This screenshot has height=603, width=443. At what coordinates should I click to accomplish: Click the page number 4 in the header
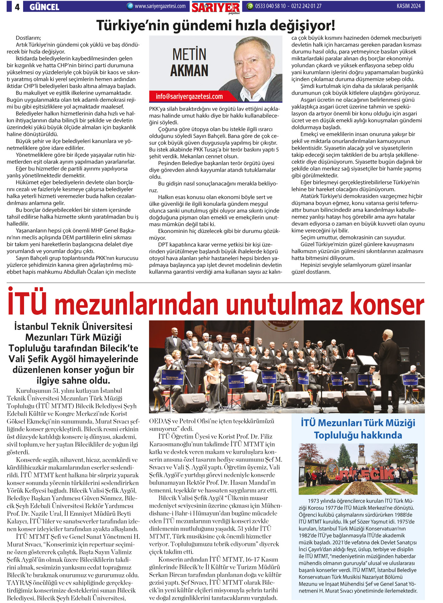(x=17, y=7)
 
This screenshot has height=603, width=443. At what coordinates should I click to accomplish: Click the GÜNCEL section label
(x=44, y=7)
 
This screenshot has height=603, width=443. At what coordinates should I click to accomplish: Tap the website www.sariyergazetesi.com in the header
(x=160, y=6)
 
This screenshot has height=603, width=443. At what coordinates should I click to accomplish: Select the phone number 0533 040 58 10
(x=270, y=6)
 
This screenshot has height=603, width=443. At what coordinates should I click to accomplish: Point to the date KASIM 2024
(x=409, y=6)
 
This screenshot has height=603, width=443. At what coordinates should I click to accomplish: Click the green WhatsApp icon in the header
(x=250, y=6)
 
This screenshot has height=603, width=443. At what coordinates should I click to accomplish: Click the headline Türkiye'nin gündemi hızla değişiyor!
(x=215, y=26)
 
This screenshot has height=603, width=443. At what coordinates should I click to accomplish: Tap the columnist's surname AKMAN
(x=189, y=70)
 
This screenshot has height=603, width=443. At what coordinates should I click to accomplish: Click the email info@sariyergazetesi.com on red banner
(x=189, y=96)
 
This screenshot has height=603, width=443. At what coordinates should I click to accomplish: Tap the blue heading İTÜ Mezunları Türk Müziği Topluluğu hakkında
(x=358, y=429)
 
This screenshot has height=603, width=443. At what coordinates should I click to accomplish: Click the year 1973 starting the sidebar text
(x=313, y=501)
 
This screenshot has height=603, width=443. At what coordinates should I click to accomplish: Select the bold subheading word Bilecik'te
(x=119, y=348)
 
